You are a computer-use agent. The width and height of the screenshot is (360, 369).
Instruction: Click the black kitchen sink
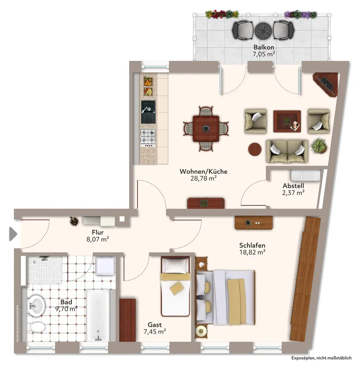tap(148, 112)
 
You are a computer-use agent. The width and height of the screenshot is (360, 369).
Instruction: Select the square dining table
tap(206, 128)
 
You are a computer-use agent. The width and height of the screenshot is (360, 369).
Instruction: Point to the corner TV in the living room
tap(326, 84)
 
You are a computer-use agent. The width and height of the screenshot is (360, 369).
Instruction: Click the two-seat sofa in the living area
tap(287, 151)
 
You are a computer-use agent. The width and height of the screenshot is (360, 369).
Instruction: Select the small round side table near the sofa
tap(255, 149)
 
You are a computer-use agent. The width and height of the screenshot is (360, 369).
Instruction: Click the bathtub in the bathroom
tap(98, 315)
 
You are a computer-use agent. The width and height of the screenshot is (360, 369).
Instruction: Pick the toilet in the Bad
tap(38, 327)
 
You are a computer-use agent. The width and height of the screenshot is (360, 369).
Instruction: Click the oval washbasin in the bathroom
tap(36, 306)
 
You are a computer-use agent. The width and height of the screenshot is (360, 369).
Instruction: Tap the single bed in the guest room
tap(176, 287)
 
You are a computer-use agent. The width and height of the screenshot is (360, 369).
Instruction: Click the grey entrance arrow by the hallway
tap(13, 234)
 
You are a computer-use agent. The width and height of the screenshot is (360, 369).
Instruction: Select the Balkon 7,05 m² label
tap(264, 51)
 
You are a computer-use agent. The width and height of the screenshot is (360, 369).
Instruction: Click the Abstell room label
tap(293, 186)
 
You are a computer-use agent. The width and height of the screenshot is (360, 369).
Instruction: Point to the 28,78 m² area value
tap(204, 178)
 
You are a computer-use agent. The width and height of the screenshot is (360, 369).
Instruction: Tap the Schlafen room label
tap(252, 245)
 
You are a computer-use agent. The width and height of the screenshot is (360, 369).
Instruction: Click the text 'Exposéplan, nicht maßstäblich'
tap(321, 358)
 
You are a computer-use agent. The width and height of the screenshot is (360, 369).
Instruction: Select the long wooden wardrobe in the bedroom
tap(305, 279)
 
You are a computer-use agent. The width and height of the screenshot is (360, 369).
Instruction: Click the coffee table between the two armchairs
tap(287, 121)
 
